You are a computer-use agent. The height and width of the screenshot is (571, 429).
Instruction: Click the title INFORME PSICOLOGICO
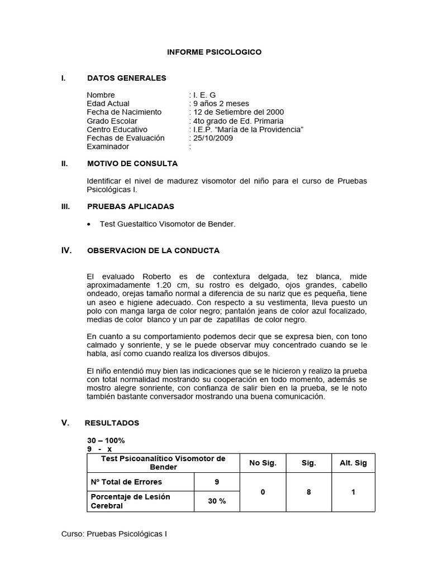(214, 52)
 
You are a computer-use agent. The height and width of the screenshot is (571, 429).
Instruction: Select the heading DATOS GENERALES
(127, 78)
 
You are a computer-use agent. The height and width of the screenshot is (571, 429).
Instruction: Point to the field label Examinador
(108, 147)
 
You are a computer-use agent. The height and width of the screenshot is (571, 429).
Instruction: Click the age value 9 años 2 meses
(221, 104)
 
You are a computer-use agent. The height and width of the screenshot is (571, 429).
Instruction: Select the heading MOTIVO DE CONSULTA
(132, 163)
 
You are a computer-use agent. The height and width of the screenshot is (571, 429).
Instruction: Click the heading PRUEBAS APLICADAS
(131, 206)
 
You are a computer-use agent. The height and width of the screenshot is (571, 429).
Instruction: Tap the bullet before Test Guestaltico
(90, 224)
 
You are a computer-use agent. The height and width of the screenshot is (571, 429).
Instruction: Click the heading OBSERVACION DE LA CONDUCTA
(153, 251)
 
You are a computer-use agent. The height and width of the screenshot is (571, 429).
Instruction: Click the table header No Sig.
(263, 463)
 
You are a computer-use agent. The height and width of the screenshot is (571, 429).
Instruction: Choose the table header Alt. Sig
(353, 463)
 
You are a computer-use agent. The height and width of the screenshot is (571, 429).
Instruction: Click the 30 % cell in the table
(217, 501)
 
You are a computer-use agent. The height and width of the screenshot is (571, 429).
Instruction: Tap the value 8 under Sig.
(308, 492)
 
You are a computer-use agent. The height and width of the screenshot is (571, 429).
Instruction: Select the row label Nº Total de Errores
(126, 481)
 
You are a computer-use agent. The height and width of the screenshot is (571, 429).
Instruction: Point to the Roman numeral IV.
(66, 251)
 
